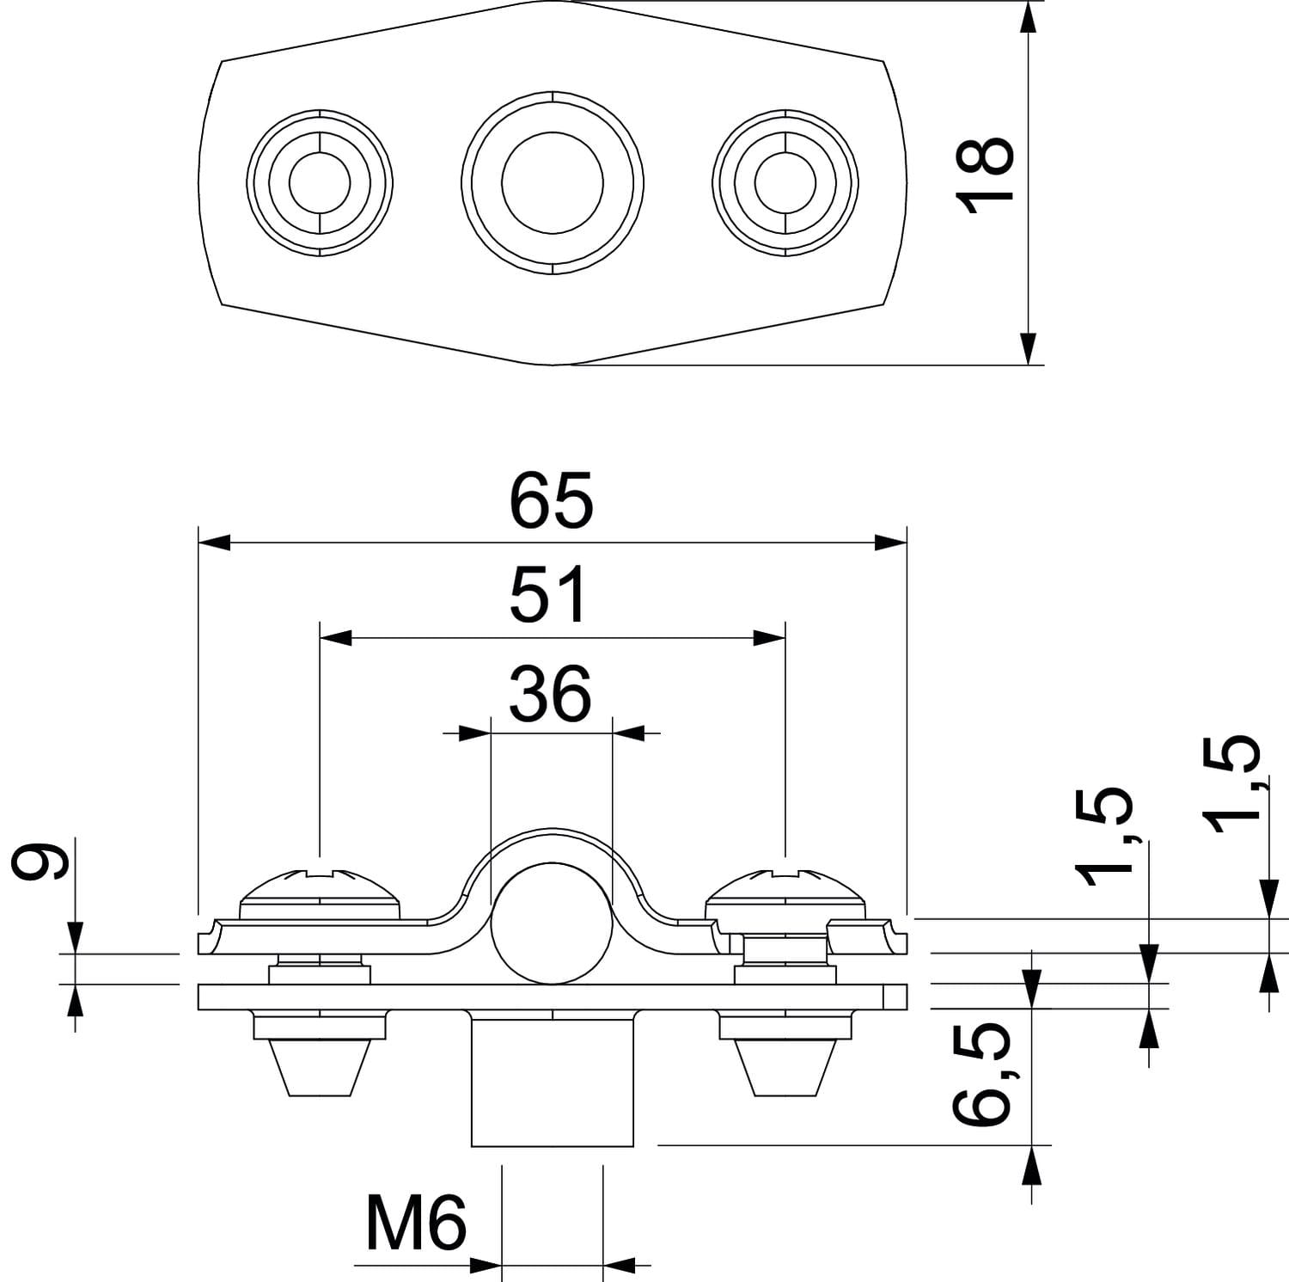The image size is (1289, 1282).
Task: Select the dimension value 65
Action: click(x=551, y=501)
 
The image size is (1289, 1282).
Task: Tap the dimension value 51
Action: click(x=550, y=595)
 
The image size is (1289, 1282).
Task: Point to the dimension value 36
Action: click(x=550, y=693)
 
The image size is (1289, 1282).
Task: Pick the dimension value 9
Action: click(x=39, y=862)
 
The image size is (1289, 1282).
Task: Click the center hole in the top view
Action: click(x=553, y=183)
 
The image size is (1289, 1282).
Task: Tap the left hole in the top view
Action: click(x=320, y=183)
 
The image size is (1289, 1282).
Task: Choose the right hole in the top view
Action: click(x=785, y=183)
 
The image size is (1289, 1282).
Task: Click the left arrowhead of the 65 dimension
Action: click(x=215, y=543)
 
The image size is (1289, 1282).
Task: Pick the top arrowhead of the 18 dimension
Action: click(x=1029, y=17)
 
